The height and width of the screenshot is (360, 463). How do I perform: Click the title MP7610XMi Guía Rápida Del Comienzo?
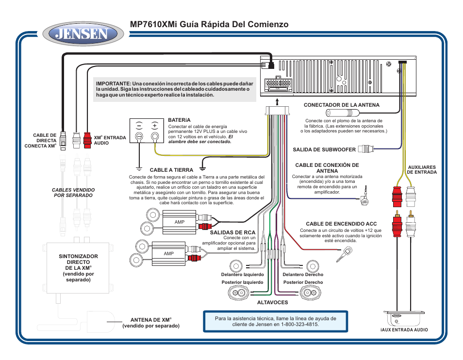pyautogui.click(x=209, y=24)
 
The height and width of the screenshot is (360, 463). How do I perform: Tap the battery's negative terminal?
pyautogui.click(x=139, y=136)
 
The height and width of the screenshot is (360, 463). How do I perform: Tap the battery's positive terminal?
pyautogui.click(x=155, y=136)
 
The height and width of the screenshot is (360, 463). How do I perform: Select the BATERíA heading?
pyautogui.click(x=180, y=120)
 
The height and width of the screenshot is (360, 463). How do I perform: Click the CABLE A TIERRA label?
pyautogui.click(x=171, y=170)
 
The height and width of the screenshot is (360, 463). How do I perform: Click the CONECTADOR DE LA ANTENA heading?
pyautogui.click(x=341, y=105)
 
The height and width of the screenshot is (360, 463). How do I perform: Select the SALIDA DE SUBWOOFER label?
pyautogui.click(x=324, y=149)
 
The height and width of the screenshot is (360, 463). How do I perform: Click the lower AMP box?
pyautogui.click(x=169, y=253)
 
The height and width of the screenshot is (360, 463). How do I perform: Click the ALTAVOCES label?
pyautogui.click(x=272, y=302)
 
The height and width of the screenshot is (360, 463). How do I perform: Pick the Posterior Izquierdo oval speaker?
pyautogui.click(x=238, y=293)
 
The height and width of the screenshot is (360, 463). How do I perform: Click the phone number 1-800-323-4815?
pyautogui.click(x=299, y=324)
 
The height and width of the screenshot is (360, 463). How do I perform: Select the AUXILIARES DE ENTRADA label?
pyautogui.click(x=421, y=169)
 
